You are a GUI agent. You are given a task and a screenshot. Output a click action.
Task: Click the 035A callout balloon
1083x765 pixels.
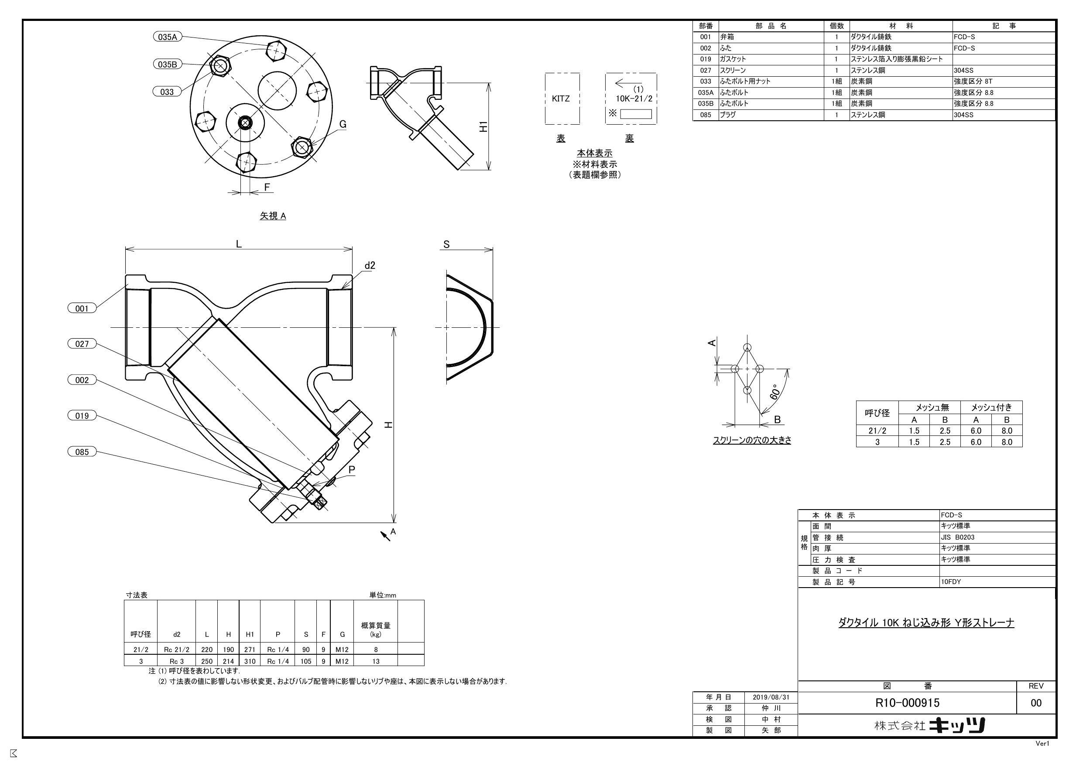click(x=168, y=37)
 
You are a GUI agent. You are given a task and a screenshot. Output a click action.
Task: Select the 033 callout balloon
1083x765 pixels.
click(x=168, y=92)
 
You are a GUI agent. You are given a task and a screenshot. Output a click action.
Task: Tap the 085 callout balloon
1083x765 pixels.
click(x=82, y=452)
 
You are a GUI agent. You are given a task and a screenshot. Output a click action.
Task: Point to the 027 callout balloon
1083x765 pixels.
click(x=82, y=343)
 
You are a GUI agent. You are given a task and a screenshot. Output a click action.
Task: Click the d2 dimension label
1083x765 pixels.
click(x=370, y=265)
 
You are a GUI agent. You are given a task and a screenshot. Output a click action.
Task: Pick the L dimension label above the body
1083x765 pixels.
click(x=239, y=244)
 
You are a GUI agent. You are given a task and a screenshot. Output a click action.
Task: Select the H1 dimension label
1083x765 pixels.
click(x=483, y=126)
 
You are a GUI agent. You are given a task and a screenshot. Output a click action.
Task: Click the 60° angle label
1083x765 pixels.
click(x=774, y=392)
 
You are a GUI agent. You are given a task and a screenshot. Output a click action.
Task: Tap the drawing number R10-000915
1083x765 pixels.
click(x=907, y=703)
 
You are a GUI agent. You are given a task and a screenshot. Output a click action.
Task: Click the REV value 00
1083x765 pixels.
click(x=1036, y=703)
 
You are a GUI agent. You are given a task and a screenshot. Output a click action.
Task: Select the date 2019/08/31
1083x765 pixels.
click(x=771, y=697)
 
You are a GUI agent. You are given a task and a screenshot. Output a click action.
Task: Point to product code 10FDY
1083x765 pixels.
click(x=950, y=581)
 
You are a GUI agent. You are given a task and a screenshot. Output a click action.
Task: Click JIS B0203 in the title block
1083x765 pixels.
click(x=957, y=537)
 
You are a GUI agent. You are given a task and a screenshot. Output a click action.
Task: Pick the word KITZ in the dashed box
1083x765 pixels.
click(x=560, y=99)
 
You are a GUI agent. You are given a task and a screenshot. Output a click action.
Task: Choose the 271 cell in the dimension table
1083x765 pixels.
click(x=250, y=649)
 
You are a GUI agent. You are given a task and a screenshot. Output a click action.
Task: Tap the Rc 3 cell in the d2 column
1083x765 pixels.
click(x=176, y=661)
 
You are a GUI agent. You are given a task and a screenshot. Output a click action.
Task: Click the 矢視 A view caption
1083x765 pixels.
click(x=273, y=216)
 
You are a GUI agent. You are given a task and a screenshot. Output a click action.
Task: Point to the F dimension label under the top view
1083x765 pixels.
click(x=267, y=187)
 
